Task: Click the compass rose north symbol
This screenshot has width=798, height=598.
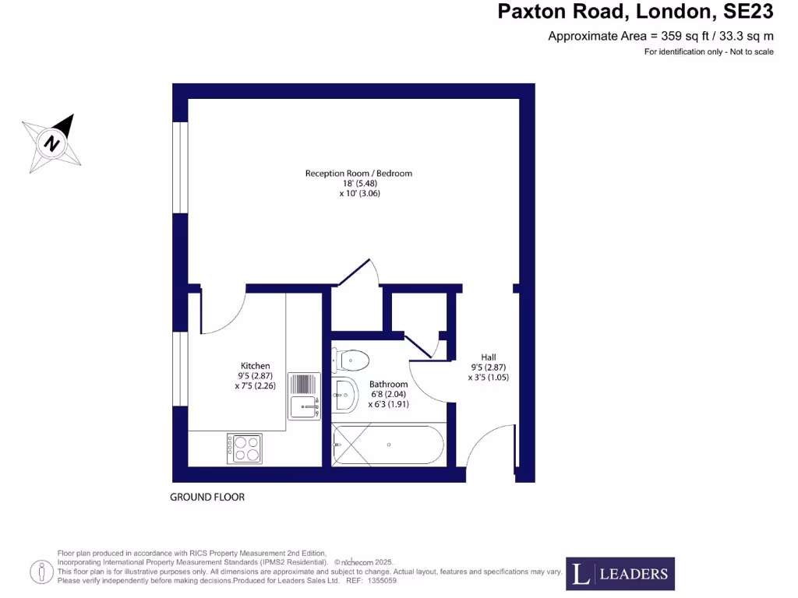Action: coord(52,143)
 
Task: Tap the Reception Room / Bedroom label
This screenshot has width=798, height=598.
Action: coord(358,173)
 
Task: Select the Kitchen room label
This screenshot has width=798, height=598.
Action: coord(255,365)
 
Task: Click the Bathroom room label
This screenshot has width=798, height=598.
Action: coord(388,384)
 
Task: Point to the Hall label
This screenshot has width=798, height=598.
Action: coord(489,357)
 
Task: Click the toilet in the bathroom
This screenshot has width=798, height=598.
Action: coord(351,360)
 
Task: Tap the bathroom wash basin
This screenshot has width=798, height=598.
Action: coord(344,395)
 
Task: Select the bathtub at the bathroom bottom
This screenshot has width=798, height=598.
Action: coord(388,445)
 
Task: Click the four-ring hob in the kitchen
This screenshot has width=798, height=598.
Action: coord(245,448)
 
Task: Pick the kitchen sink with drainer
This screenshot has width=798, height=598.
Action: coord(304,396)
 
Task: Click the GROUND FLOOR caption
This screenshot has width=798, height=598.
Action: coord(207,497)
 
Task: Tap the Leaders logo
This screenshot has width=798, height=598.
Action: coord(620,574)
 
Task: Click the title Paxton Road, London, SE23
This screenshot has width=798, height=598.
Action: coord(635,12)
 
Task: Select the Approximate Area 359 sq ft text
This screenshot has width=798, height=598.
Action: coord(661,36)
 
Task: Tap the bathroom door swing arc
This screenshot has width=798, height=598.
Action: coord(427,382)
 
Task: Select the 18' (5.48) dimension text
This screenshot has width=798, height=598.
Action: coord(358,183)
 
